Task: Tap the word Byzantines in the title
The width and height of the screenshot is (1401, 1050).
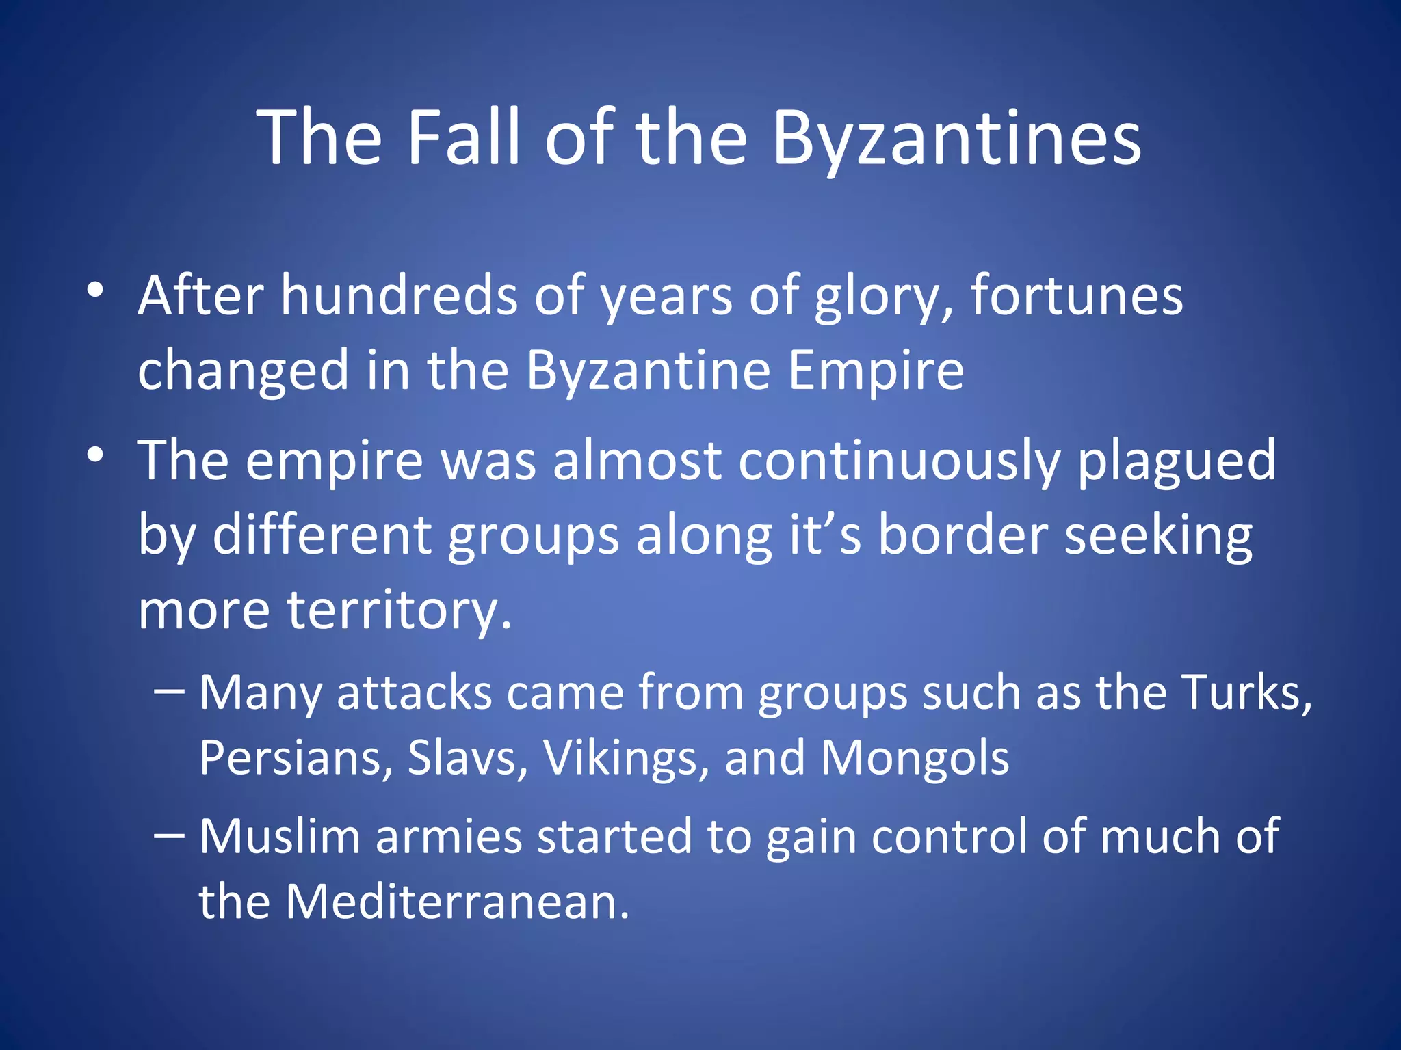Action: pos(956,139)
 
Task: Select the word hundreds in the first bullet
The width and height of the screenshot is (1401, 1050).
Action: pos(399,296)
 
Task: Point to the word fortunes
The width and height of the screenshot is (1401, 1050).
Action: pos(1077,296)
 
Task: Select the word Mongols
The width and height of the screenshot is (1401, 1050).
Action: pos(915,758)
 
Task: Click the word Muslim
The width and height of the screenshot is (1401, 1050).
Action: pos(280,836)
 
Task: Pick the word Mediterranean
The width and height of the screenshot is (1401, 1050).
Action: pos(456,902)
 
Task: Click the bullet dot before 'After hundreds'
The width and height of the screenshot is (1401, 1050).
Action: pos(96,290)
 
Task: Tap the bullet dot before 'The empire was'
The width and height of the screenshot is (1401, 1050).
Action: pos(96,455)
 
